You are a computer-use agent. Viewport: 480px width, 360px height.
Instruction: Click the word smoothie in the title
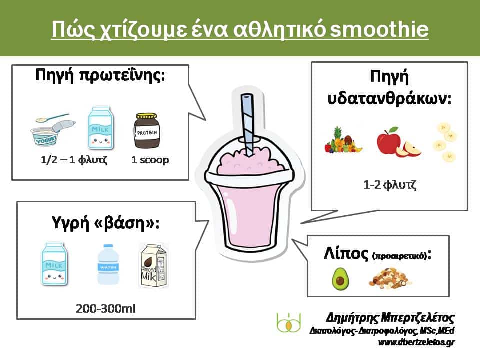coord(379,29)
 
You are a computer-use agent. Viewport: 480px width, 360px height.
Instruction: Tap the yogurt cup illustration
coord(52,130)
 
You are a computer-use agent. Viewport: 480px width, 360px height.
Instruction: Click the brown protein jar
coord(147,130)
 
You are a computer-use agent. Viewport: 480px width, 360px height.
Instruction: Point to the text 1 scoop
coord(150,160)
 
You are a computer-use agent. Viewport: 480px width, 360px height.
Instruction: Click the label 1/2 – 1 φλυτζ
coord(74,160)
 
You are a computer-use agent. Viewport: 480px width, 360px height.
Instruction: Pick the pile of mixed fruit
coord(343,140)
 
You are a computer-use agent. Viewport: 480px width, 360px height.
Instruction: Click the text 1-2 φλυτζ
coord(390,185)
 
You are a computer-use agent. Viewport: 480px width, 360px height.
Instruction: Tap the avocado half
coord(340,278)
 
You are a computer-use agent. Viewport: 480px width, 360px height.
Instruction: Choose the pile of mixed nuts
coord(390,278)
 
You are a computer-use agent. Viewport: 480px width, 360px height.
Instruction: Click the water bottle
coord(108,264)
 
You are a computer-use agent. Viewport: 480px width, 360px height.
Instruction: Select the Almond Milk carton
coord(153,265)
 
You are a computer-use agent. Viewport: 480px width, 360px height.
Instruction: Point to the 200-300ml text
coord(105,308)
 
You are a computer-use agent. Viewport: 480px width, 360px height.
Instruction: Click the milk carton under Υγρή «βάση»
coord(54,264)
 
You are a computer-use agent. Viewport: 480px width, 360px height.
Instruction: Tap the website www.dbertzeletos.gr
coord(416,342)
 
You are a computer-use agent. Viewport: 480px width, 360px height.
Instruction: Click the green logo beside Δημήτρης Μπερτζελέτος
coord(288,322)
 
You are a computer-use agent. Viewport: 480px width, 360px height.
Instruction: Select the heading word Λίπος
coord(346,254)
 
